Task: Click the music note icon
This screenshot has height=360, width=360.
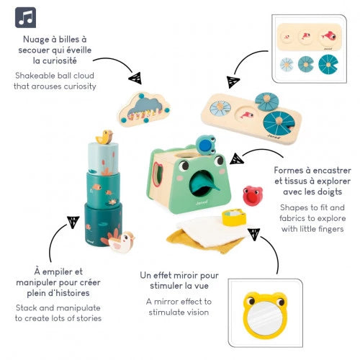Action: (x=25, y=17)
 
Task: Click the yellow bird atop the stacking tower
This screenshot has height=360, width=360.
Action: (x=106, y=136)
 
